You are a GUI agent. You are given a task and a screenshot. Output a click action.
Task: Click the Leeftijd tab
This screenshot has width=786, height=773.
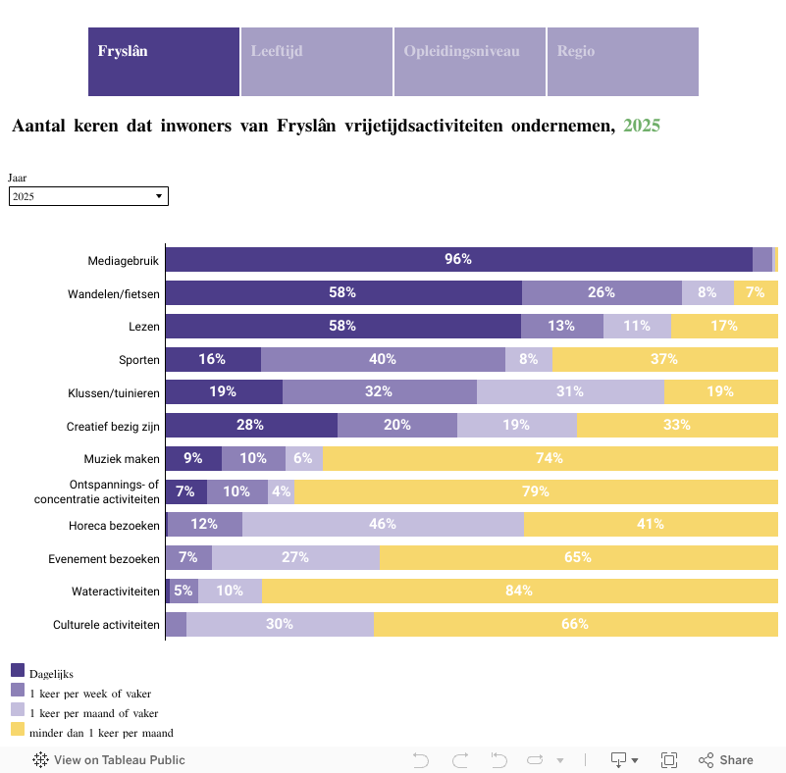pos(316,62)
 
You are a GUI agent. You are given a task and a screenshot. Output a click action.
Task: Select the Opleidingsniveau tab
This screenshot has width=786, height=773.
pos(469,62)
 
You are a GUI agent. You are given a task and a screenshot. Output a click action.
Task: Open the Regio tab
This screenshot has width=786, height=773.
pos(622,62)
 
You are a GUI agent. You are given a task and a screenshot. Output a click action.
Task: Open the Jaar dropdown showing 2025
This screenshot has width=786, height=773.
pos(88,196)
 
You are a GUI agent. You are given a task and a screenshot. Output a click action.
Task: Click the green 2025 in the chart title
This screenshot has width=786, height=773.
pos(642,126)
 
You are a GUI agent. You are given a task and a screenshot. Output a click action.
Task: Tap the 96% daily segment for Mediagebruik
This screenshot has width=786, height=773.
pos(458,259)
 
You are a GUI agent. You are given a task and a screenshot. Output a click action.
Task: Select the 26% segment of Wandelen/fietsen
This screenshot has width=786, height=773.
pos(602,292)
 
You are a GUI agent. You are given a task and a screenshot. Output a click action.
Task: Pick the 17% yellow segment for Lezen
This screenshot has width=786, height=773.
pos(724,326)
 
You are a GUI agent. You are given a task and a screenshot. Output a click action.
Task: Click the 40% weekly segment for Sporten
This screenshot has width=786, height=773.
pos(383,359)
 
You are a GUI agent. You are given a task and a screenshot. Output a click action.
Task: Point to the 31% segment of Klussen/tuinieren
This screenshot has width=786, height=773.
pos(570,391)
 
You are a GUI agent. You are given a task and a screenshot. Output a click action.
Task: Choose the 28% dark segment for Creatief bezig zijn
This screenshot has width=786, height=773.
pos(251,425)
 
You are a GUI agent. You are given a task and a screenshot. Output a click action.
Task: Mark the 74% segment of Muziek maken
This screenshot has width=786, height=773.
pos(550,458)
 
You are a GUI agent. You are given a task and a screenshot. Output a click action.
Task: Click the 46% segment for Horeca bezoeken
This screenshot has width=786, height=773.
pos(383,524)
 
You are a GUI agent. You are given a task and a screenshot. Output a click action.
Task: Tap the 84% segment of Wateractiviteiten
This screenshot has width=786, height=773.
pos(519,591)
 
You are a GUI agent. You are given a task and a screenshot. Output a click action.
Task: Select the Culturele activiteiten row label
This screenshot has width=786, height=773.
pos(106,624)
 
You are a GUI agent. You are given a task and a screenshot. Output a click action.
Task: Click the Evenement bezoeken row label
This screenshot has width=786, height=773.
pos(104,558)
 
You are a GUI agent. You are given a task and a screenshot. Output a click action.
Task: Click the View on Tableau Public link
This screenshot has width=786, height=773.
pos(109,759)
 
